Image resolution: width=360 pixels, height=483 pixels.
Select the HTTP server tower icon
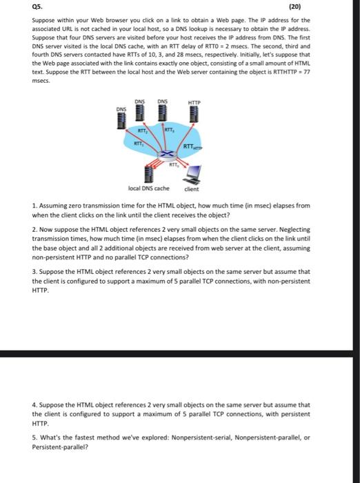194,115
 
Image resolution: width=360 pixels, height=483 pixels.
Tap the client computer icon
192,175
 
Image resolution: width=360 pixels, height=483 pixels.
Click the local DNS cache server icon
149,175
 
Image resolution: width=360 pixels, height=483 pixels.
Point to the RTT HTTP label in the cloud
193,146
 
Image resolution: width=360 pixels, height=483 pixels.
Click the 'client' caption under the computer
192,189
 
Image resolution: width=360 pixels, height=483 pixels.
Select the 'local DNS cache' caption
149,188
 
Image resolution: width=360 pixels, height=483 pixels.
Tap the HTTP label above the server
194,103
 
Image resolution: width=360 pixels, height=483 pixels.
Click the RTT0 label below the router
173,164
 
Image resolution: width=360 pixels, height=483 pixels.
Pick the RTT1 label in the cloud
138,144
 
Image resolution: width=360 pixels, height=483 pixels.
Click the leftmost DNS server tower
121,121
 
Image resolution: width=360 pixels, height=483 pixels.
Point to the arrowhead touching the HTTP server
193,124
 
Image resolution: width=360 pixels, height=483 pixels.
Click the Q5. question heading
37,6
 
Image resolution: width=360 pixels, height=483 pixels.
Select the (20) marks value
294,6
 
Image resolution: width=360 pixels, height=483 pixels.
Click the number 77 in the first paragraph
307,72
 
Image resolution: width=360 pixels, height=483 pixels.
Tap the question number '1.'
34,206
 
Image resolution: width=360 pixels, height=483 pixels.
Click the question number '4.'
34,405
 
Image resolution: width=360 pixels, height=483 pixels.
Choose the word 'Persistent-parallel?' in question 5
60,447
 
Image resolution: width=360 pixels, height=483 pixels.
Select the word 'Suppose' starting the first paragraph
43,21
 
